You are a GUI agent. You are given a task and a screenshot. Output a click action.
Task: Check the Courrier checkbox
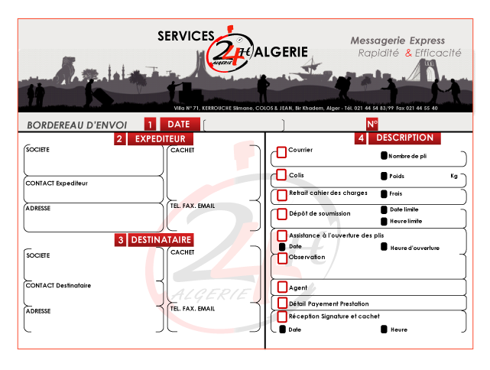281,153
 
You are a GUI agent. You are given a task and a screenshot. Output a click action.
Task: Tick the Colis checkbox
281,175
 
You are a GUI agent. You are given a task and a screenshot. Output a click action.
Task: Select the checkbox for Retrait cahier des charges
281,194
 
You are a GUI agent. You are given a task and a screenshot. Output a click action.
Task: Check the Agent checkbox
281,288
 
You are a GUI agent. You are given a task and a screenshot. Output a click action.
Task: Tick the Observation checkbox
281,258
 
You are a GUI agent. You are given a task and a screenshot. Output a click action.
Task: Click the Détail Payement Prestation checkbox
281,303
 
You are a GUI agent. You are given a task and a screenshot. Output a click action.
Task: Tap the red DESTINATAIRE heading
161,240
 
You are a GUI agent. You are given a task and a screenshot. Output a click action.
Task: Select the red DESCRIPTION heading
404,138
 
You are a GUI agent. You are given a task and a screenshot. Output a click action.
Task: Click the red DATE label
180,124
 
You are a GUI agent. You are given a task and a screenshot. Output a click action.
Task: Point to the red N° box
372,124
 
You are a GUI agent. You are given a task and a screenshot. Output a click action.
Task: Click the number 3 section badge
121,240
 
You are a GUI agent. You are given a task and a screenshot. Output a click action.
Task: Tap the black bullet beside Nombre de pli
384,156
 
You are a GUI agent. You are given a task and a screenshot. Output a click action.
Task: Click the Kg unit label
454,176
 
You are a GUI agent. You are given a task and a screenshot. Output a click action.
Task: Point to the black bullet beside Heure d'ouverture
384,247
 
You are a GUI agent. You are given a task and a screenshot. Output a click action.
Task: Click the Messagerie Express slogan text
397,41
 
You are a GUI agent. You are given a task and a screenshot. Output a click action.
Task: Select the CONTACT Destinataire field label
58,285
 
